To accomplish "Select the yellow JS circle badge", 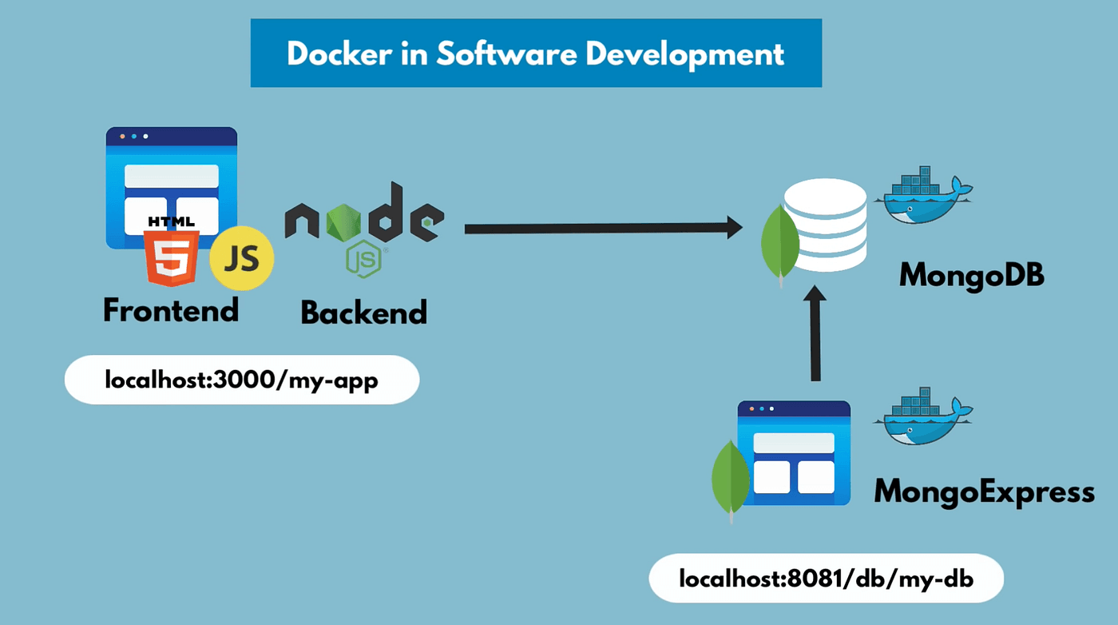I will pos(242,258).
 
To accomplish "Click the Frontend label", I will pos(171,310).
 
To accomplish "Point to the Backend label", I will pos(363,312).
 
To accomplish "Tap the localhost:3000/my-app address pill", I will pos(241,380).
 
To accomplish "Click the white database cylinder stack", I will pos(826,225).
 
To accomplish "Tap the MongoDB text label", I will pos(971,277).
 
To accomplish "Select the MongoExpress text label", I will pos(984,491).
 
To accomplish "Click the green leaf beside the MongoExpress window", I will pos(730,478).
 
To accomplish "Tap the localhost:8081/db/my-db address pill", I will pos(826,578).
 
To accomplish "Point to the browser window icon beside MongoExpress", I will pos(794,452).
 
